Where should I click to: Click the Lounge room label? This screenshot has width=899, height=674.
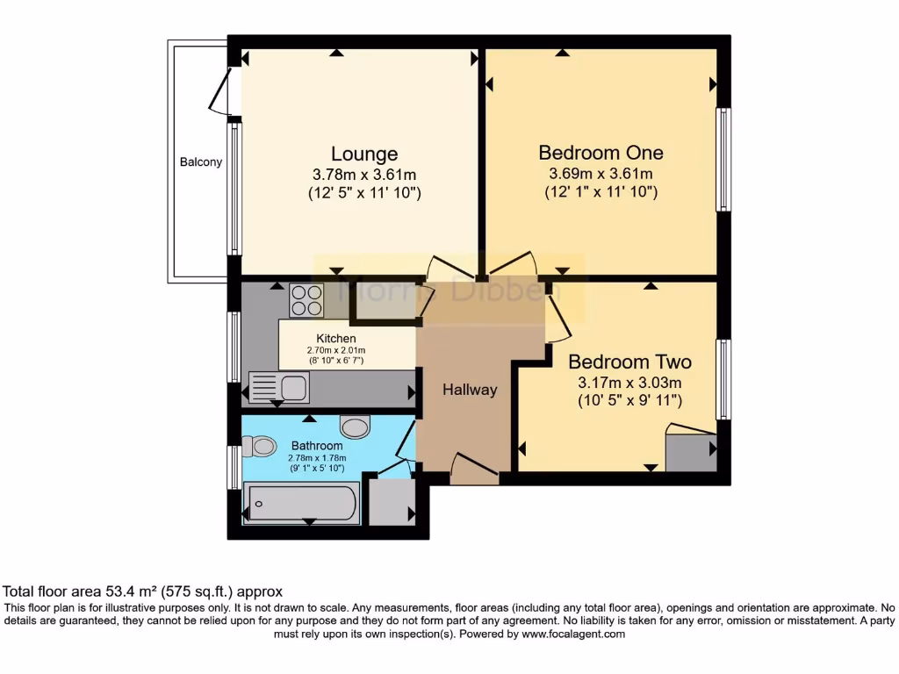364,154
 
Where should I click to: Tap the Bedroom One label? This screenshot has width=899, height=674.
601,153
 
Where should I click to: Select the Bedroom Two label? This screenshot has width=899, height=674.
629,362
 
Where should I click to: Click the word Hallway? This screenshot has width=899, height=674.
469,390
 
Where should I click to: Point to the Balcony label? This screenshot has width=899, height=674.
201,162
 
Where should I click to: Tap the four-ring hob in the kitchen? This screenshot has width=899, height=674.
307,301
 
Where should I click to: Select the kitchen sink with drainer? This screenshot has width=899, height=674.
279,387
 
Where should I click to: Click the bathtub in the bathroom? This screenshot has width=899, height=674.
302,503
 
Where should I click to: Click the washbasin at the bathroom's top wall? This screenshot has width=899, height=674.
356,427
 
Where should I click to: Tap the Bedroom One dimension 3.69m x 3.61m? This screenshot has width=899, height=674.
601,174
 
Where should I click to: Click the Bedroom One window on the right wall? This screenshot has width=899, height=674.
723,160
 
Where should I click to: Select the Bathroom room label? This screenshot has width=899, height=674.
317,446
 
